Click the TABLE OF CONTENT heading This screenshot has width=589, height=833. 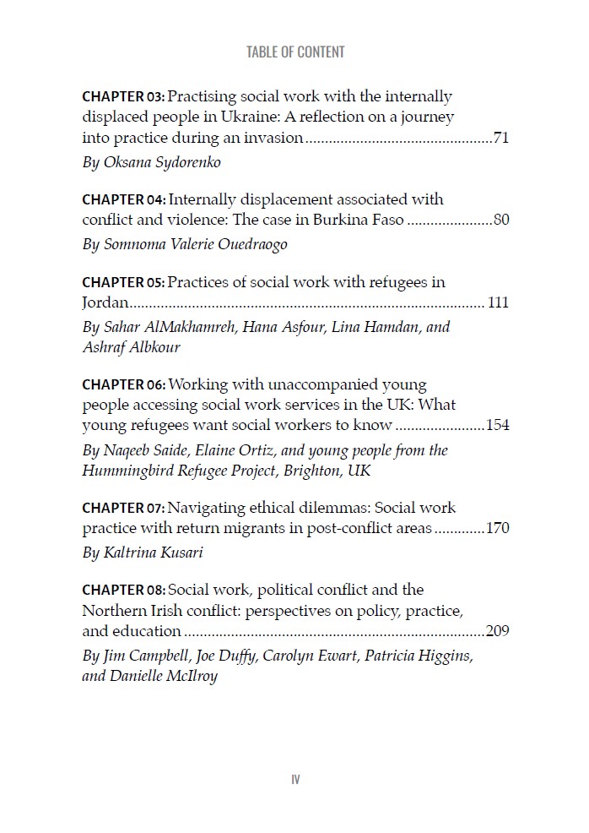pyautogui.click(x=295, y=52)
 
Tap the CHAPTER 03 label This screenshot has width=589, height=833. pyautogui.click(x=123, y=97)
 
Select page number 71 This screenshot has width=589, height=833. pyautogui.click(x=500, y=138)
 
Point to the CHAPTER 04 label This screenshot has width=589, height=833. pyautogui.click(x=123, y=200)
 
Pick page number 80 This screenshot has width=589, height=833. pyautogui.click(x=500, y=220)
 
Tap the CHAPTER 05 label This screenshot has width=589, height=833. pyautogui.click(x=123, y=282)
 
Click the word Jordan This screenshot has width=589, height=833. pyautogui.click(x=105, y=303)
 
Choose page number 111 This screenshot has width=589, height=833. pyautogui.click(x=498, y=303)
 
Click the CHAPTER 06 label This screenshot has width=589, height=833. pyautogui.click(x=123, y=385)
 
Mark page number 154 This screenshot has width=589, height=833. pyautogui.click(x=498, y=426)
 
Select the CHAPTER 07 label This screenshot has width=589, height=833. pyautogui.click(x=123, y=509)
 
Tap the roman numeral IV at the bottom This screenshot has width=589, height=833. pyautogui.click(x=295, y=779)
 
